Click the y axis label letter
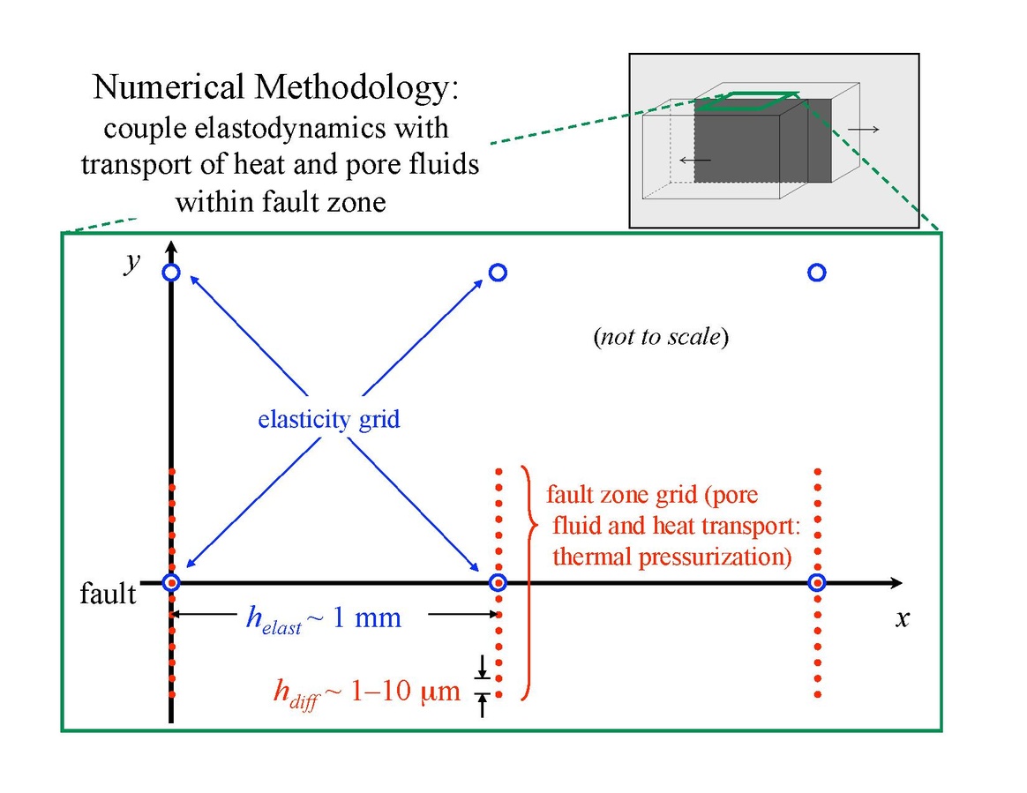coord(132,264)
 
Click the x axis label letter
coord(902,618)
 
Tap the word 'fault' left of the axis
coord(109,594)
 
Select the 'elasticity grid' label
coord(328,419)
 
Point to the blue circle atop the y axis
coord(171,273)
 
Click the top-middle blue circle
coord(498,273)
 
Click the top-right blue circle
coord(817,273)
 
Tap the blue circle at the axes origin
coord(171,582)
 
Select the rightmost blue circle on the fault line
coord(817,582)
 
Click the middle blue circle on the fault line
coord(498,582)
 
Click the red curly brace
coord(528,582)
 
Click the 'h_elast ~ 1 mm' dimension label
coord(323,619)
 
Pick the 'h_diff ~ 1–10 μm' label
coord(367,691)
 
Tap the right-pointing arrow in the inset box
coord(863,130)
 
